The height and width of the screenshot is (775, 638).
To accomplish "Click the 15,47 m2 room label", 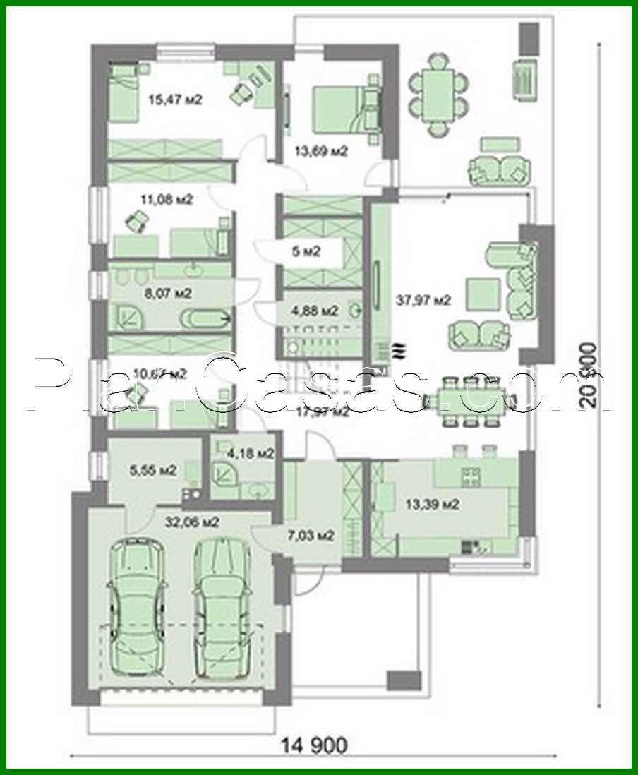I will [x=175, y=100].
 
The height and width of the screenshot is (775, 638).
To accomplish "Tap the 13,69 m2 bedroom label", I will [x=322, y=150].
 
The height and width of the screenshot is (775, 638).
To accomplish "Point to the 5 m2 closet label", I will [x=306, y=251].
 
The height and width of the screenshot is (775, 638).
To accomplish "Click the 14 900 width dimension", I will [x=315, y=744].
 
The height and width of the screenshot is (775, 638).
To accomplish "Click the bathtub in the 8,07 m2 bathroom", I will [x=205, y=320].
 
